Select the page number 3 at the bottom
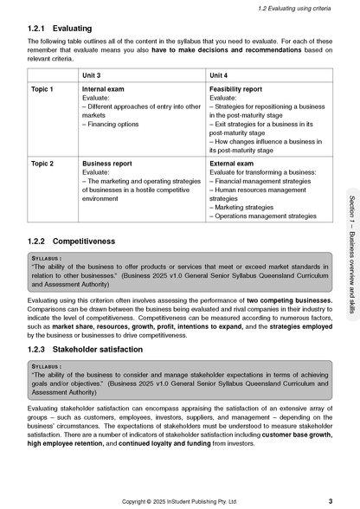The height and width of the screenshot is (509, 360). pos(331,499)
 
